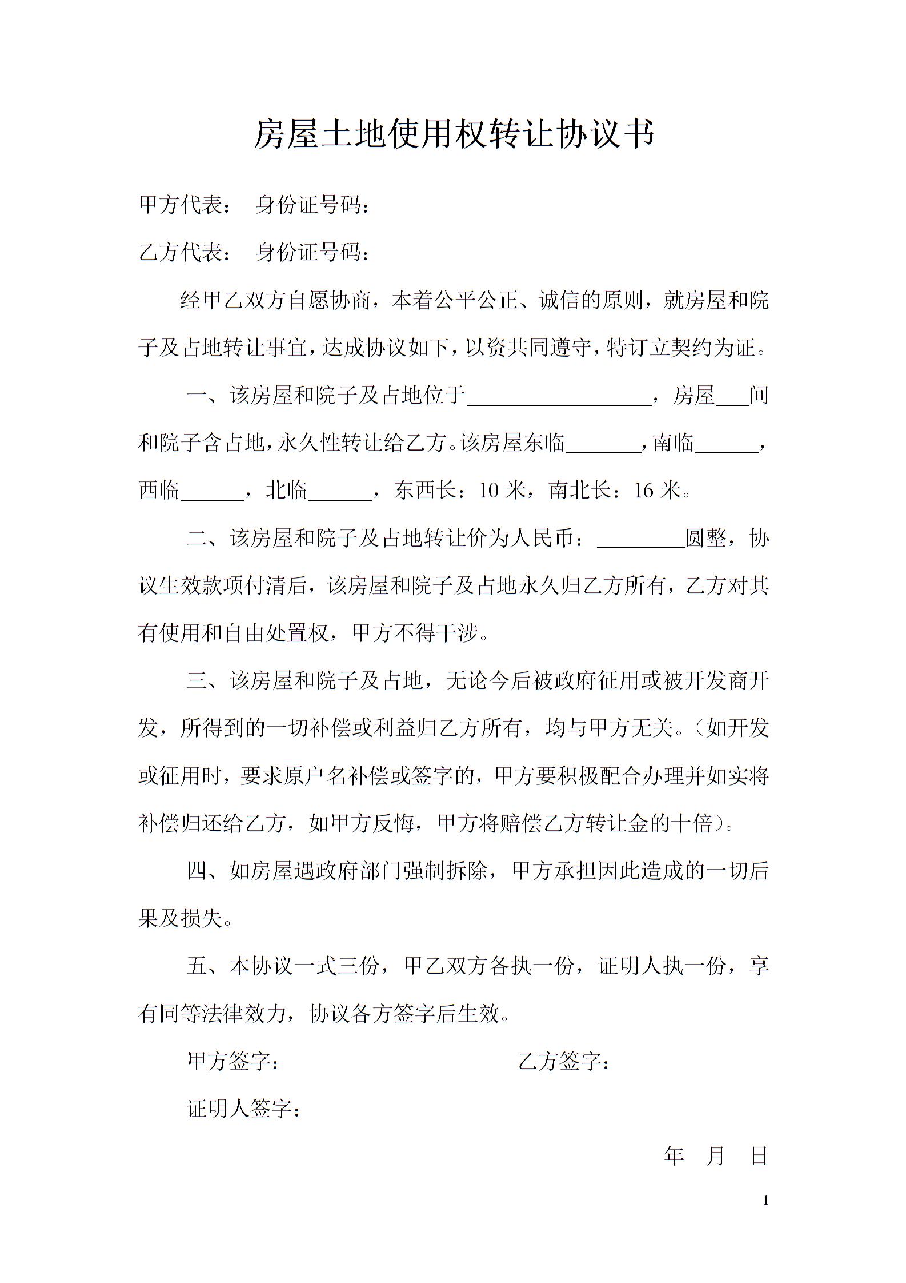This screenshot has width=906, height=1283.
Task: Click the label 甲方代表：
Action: pos(186,205)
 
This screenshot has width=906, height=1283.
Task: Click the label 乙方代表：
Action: pos(186,252)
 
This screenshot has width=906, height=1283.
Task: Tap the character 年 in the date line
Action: pos(674,1156)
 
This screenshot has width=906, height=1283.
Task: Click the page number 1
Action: pos(765,1201)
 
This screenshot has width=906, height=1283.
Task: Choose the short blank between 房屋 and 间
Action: pos(732,399)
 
